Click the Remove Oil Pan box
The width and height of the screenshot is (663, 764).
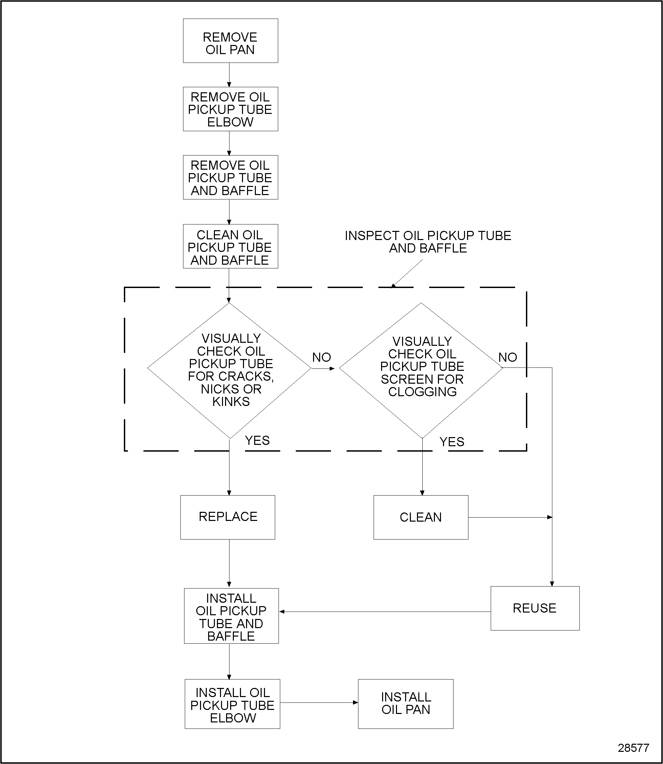pos(230,41)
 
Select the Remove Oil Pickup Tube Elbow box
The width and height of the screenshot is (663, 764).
pos(230,109)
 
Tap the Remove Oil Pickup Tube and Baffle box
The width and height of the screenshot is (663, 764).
pos(230,177)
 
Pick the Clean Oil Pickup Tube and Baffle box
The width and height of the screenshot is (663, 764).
pos(230,246)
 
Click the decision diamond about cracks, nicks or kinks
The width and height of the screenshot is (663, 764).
pos(229,371)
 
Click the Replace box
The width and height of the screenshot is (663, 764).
pos(227,517)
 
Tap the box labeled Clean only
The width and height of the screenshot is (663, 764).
pos(421,517)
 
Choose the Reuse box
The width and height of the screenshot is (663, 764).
pos(535,608)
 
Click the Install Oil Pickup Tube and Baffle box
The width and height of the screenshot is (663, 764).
pos(231,616)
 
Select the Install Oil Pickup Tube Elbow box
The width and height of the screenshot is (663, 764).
pos(233,705)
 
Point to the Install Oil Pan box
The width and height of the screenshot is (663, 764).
pos(405,704)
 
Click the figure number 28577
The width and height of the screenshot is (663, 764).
pos(633,748)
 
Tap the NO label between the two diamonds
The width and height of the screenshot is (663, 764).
pos(322,357)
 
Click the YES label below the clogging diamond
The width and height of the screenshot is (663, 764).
pos(452,442)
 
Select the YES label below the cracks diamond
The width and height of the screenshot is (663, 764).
pos(257,440)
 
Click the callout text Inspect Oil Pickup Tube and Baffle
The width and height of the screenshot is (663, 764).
pos(428,242)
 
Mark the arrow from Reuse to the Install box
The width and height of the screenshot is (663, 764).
pos(385,612)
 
